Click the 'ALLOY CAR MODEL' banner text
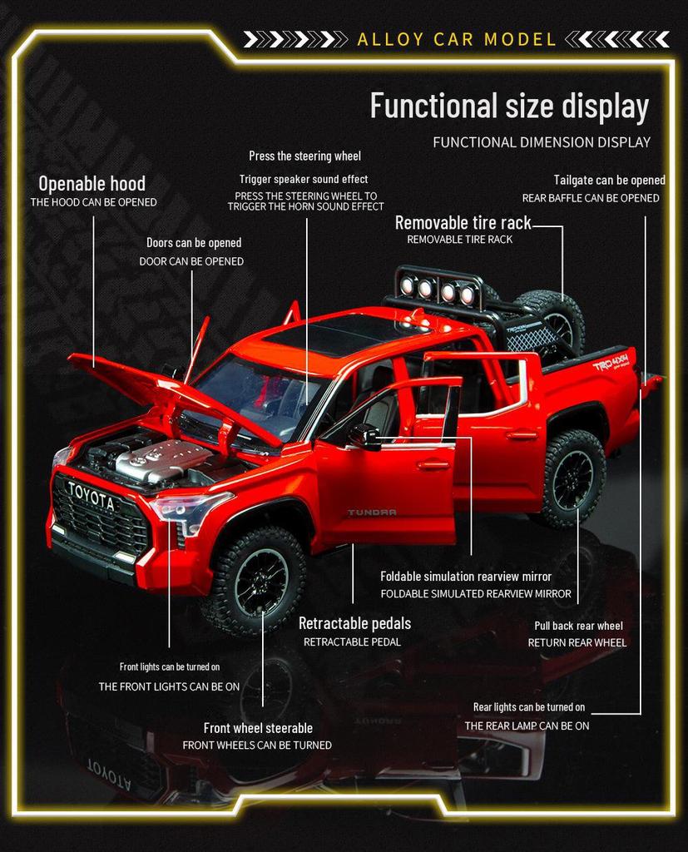tap(456, 39)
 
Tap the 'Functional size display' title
tap(509, 106)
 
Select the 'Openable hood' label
tap(92, 183)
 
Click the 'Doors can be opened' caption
tap(194, 243)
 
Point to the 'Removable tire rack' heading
tap(463, 223)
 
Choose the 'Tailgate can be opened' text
tap(609, 180)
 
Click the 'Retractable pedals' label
tap(354, 623)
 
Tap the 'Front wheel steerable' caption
tap(258, 728)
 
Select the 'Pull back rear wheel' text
tap(578, 626)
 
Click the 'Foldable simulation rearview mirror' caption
tap(466, 576)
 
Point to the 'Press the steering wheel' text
tap(304, 156)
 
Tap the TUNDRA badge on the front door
tap(372, 512)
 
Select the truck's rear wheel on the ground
tap(572, 479)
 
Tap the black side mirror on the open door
tap(364, 435)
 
